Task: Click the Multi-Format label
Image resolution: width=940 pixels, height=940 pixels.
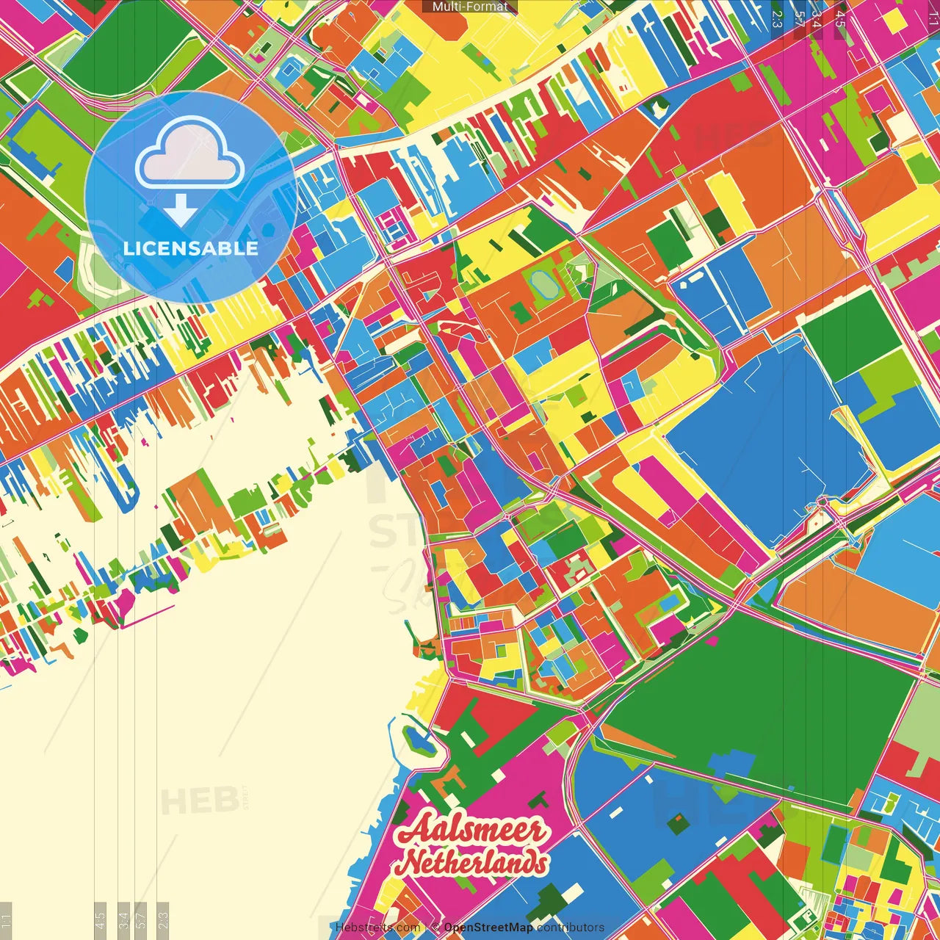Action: (470, 7)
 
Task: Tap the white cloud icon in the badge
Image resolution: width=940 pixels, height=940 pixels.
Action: (189, 154)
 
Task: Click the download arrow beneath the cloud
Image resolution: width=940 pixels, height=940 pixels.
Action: (180, 210)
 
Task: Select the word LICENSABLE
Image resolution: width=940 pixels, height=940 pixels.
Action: (191, 248)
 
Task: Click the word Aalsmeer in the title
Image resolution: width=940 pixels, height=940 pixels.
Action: (472, 831)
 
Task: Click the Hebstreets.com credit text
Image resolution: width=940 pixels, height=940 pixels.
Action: (377, 928)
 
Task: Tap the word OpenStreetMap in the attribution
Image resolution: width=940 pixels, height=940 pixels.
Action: (488, 928)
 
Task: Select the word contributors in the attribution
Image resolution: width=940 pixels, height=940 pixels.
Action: (570, 928)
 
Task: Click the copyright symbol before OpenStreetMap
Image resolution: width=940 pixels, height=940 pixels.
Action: (435, 928)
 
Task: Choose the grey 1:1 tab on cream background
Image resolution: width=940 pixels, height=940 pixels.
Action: (6, 920)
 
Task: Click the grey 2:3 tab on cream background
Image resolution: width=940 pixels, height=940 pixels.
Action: (163, 920)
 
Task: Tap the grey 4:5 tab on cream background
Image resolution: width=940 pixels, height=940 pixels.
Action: (101, 920)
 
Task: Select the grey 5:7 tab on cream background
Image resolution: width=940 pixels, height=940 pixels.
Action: (141, 920)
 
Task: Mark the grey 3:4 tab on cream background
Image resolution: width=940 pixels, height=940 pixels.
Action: (123, 920)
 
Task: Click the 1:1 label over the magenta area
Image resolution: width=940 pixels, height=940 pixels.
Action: (933, 16)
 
